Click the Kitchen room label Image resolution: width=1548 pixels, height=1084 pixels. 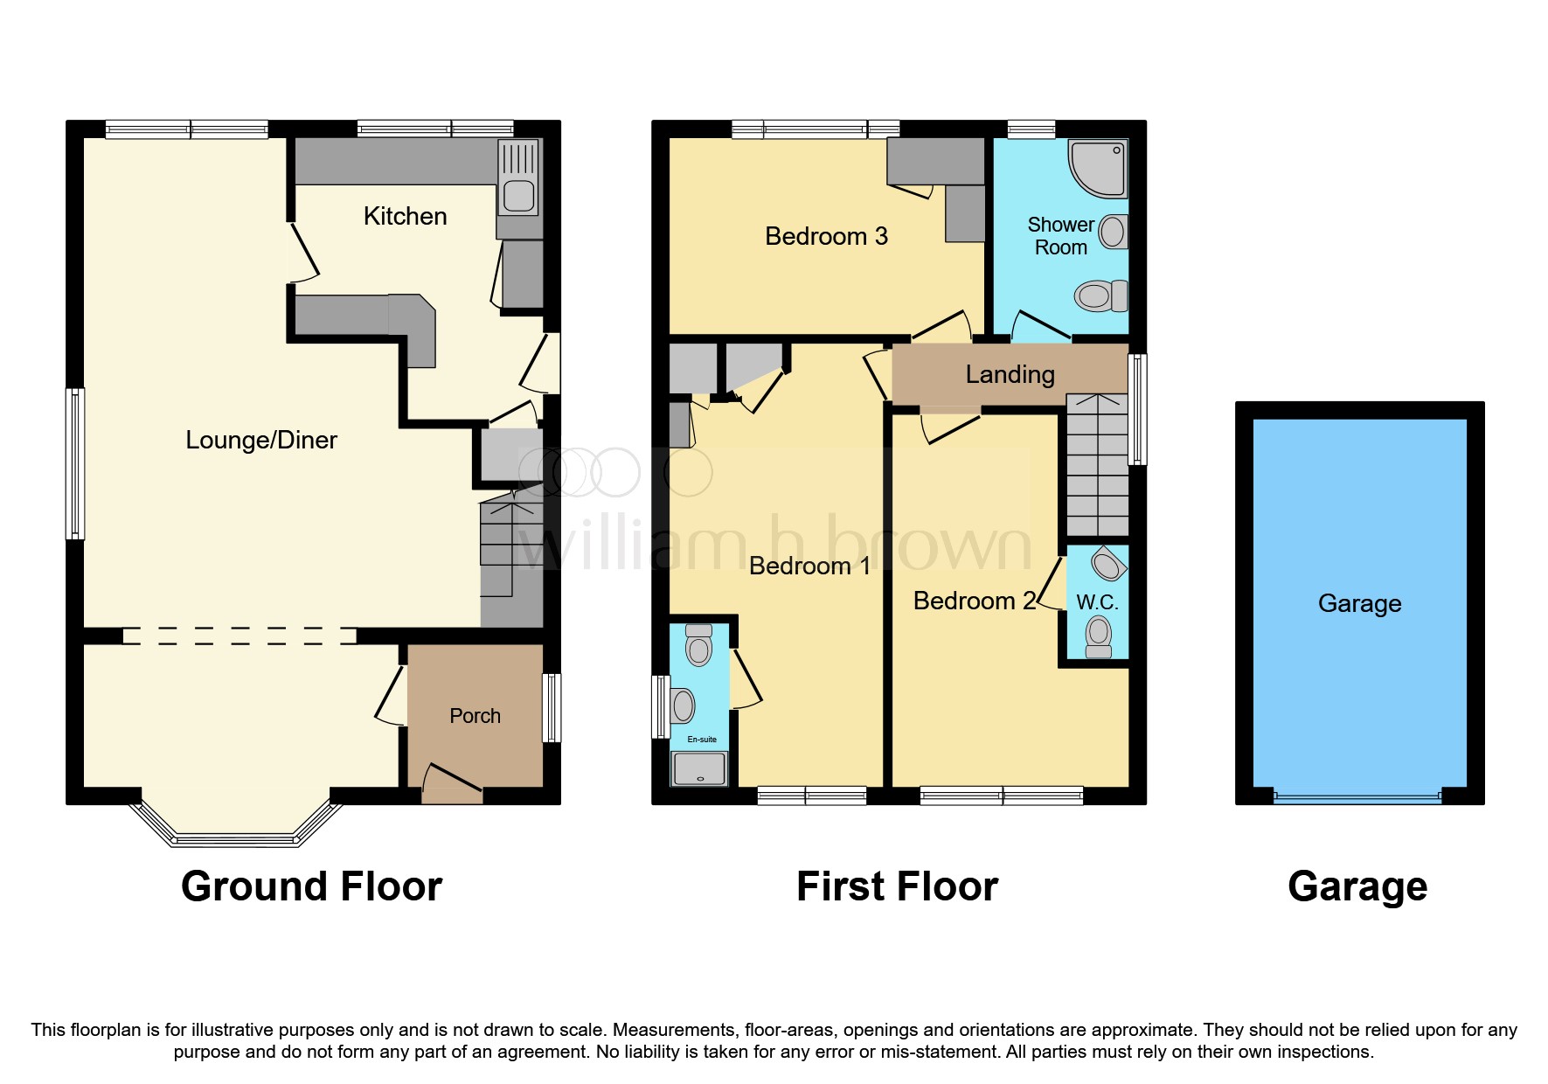(405, 216)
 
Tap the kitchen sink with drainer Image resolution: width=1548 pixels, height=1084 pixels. (518, 178)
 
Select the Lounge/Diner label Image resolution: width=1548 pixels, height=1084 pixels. (260, 440)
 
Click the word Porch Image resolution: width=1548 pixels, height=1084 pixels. (475, 716)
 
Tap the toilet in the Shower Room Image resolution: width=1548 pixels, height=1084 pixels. (1100, 295)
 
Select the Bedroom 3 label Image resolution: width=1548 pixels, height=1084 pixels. (826, 236)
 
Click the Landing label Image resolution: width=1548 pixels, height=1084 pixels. (1010, 374)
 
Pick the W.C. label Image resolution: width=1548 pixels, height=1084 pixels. (1097, 602)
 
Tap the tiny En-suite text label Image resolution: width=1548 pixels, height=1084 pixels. (702, 740)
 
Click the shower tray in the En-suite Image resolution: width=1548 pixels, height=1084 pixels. (698, 769)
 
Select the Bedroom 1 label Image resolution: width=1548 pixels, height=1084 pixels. (809, 566)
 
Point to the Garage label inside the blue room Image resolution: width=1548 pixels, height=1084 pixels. (1359, 603)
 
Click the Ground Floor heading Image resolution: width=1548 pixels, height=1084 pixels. (311, 886)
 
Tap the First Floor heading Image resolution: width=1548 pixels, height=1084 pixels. (897, 886)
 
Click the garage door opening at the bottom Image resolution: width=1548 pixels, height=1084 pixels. (1357, 797)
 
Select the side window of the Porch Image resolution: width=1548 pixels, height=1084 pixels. (552, 707)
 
